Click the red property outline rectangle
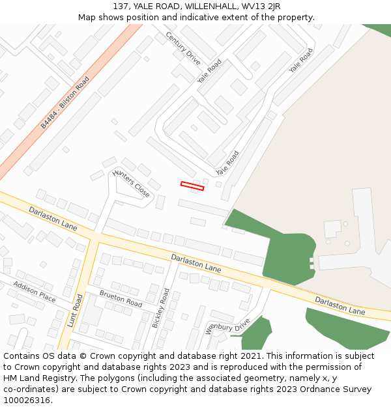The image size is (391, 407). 192,186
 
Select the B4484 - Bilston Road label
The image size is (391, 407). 65,102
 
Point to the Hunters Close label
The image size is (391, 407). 131,183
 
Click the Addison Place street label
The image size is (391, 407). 35,292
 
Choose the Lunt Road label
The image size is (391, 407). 74,311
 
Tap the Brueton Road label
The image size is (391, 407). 121,300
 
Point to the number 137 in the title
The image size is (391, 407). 121,6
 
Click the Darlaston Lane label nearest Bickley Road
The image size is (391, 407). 195,264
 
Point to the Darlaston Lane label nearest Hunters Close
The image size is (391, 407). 53,218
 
